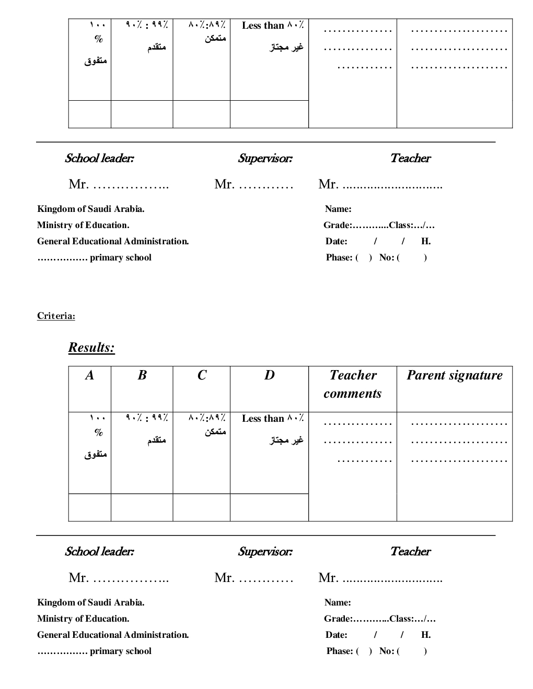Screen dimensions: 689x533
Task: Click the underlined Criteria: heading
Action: (x=56, y=316)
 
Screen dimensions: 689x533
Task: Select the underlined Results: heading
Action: (x=91, y=348)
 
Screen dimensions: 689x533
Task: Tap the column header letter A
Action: (x=90, y=375)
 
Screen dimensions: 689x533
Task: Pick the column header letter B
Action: (x=142, y=375)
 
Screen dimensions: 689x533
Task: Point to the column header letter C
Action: (x=202, y=375)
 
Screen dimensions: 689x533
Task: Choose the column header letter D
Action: (x=269, y=375)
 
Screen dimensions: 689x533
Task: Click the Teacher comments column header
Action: (x=353, y=384)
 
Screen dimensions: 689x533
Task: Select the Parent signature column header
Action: (x=455, y=375)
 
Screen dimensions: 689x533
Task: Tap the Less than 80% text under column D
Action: (x=273, y=419)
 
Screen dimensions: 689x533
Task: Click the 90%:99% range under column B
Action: (x=147, y=418)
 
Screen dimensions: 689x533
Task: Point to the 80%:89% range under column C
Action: (x=207, y=418)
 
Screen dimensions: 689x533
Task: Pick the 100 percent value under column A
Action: (x=98, y=418)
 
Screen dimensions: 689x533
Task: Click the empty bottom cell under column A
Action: (x=90, y=507)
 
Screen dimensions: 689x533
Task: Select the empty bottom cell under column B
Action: (x=142, y=507)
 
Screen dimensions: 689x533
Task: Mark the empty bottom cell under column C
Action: (x=202, y=507)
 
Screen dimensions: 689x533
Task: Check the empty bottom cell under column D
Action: (x=269, y=507)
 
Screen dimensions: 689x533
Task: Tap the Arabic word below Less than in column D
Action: (x=286, y=441)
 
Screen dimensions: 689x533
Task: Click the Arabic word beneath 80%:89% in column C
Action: (x=215, y=432)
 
